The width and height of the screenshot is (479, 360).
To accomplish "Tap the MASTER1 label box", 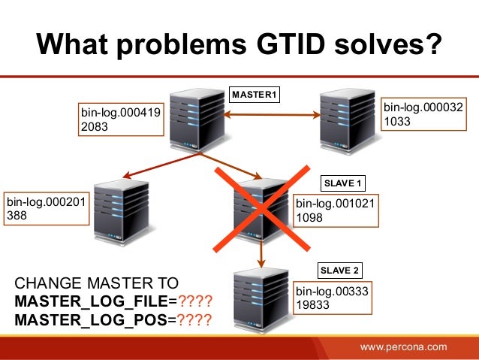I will pyautogui.click(x=255, y=95).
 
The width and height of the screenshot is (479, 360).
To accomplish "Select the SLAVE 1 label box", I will pyautogui.click(x=343, y=183).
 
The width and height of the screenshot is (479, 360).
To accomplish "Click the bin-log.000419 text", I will pyautogui.click(x=121, y=113).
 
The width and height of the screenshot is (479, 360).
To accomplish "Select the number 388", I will pyautogui.click(x=16, y=215).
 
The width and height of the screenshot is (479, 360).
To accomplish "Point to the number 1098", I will pyautogui.click(x=309, y=217).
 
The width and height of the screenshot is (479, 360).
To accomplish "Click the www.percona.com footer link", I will pyautogui.click(x=403, y=346).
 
